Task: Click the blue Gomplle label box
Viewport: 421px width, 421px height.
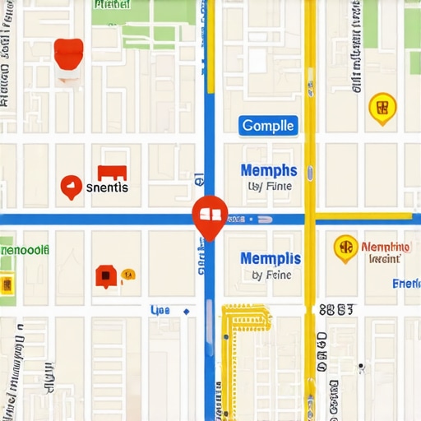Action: click(268, 126)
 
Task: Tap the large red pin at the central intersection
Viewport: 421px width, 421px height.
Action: click(209, 215)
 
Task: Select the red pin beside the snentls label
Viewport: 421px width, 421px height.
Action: click(72, 187)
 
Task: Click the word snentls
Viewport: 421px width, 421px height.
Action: click(107, 187)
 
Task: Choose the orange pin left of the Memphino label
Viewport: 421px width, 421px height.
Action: click(345, 248)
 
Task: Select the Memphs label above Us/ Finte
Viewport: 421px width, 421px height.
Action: click(269, 171)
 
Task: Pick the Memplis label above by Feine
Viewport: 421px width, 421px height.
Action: click(271, 258)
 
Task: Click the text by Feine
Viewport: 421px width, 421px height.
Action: click(270, 275)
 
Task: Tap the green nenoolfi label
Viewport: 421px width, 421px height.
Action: click(25, 249)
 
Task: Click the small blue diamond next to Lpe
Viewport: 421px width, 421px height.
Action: click(186, 311)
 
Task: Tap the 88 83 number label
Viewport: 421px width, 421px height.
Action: click(336, 309)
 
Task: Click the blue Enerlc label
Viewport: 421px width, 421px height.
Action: click(406, 284)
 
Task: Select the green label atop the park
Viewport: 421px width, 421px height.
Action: click(111, 4)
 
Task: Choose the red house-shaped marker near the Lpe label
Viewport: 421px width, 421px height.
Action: click(104, 275)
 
